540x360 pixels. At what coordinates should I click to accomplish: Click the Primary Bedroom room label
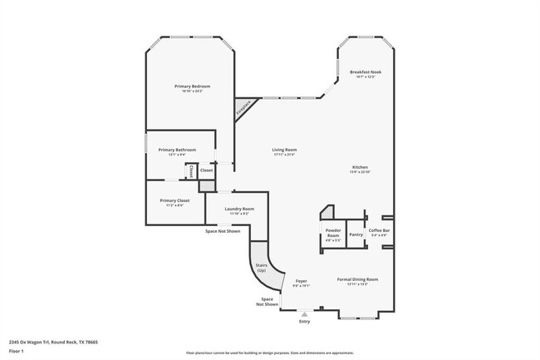[x=192, y=86]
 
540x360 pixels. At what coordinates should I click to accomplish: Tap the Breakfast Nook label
[x=366, y=72]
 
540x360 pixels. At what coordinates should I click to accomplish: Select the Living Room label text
[x=284, y=150]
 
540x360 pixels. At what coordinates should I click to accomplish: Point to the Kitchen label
[x=359, y=166]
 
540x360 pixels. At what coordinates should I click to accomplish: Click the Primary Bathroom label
[x=179, y=150]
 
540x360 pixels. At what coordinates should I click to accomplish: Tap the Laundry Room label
[x=237, y=209]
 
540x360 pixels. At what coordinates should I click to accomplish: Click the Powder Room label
[x=332, y=235]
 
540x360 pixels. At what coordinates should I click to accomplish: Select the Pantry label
[x=356, y=234]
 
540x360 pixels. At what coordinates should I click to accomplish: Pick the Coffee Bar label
[x=380, y=230]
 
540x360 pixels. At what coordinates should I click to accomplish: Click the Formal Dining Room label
[x=357, y=279]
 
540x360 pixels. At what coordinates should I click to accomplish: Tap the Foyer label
[x=302, y=282]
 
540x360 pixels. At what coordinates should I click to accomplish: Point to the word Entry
[x=304, y=322]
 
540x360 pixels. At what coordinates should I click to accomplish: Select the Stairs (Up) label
[x=261, y=268]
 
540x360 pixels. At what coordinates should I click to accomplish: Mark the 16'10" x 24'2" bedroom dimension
[x=192, y=91]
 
